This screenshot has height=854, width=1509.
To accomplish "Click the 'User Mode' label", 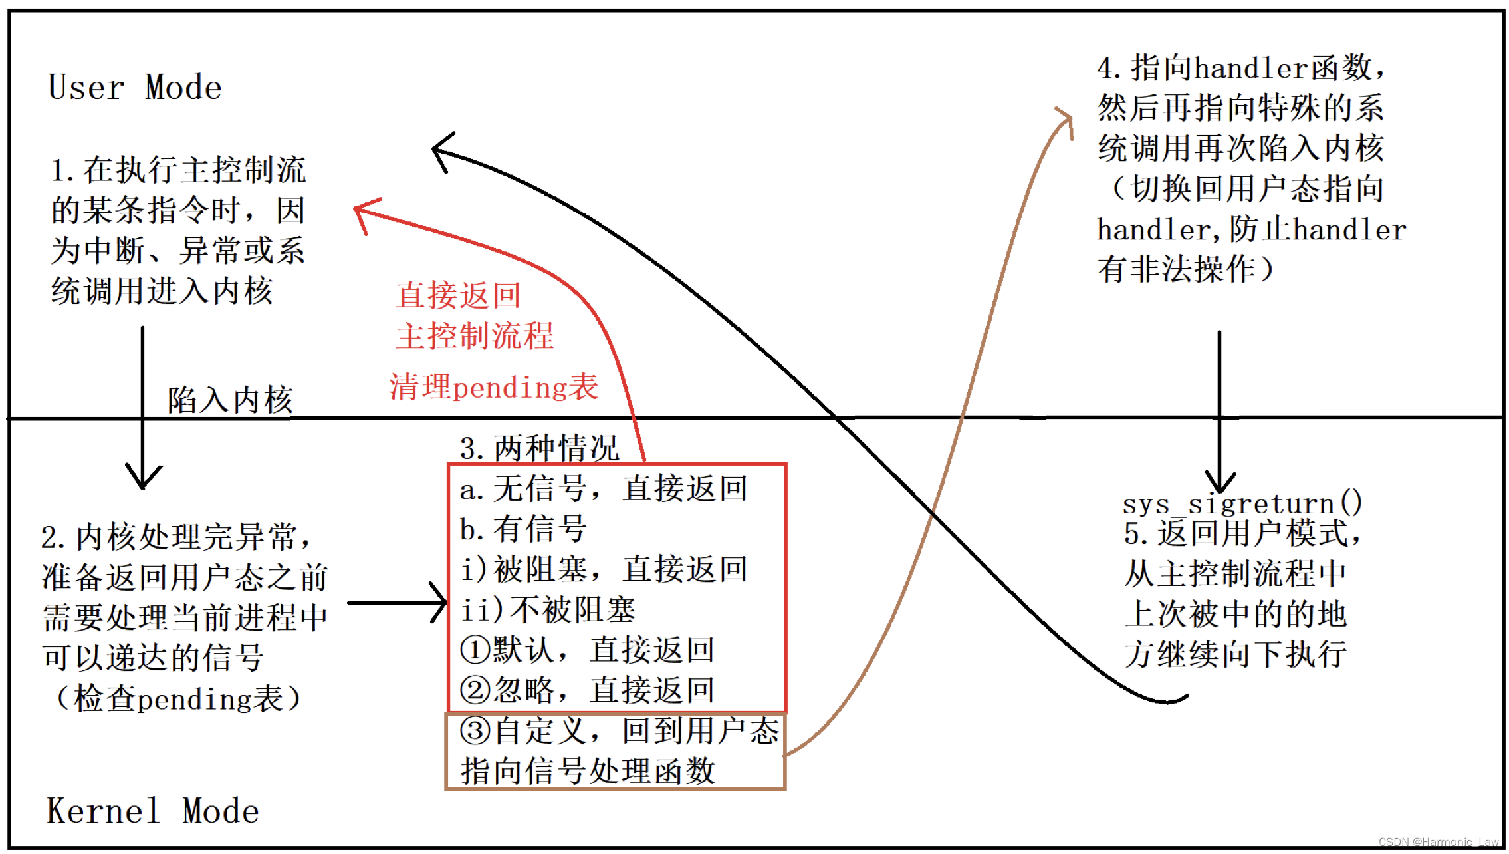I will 135,88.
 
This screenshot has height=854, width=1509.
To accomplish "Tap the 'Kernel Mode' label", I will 153,811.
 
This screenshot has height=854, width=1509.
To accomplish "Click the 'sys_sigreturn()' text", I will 1242,503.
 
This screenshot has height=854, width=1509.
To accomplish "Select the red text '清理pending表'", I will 493,387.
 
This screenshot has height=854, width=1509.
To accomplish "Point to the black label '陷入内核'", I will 229,400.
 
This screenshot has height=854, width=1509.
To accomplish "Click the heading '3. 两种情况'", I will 539,448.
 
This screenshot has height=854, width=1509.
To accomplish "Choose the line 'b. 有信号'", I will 523,529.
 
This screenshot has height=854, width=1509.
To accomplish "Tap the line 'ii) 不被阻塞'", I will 548,610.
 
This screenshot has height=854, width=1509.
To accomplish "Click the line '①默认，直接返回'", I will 587,650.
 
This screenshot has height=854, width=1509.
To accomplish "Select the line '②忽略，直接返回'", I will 587,690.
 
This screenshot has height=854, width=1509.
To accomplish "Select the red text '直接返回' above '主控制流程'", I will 459,295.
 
